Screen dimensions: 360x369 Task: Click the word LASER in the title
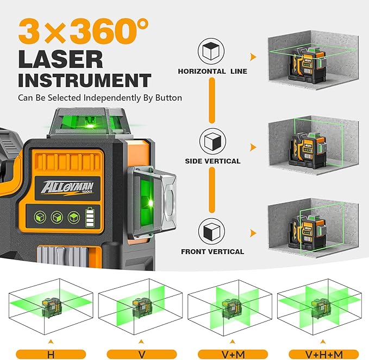pos(60,59)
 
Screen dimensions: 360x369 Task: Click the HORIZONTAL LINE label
pos(212,71)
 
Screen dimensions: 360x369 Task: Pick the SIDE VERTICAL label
pos(212,162)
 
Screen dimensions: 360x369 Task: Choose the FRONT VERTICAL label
pos(212,251)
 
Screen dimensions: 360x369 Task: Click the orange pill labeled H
pos(51,354)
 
